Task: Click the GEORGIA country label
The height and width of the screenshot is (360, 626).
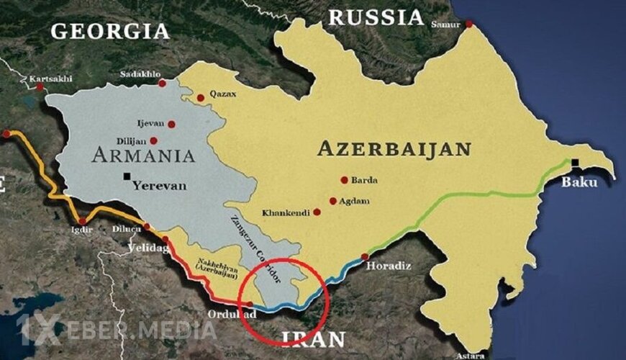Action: tap(110, 31)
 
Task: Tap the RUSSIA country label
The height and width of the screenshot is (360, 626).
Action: tap(375, 17)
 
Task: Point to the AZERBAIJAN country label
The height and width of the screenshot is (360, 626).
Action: tap(394, 149)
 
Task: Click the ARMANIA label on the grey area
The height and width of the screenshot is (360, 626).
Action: tap(143, 155)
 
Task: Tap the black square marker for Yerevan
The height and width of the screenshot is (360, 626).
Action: tap(127, 176)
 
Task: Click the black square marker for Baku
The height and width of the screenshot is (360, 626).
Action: tap(575, 163)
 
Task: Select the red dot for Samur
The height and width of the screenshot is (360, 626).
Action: tap(468, 24)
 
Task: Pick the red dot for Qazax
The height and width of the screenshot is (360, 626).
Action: tap(201, 97)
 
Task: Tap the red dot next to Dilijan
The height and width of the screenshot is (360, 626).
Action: tap(154, 141)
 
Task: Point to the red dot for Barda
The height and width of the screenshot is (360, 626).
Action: tap(344, 180)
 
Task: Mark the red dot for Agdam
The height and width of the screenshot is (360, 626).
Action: tap(332, 202)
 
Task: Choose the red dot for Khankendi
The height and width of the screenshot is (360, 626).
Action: tap(317, 212)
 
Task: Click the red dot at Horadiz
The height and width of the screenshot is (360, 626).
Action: tap(365, 256)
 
